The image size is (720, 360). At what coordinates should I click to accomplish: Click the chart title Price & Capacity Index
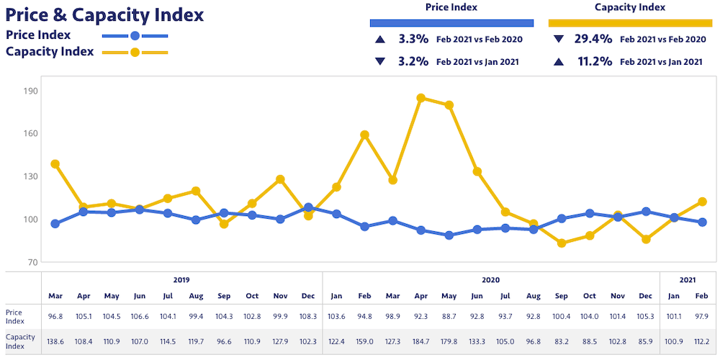click(104, 14)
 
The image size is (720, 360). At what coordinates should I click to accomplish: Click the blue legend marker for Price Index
click(135, 35)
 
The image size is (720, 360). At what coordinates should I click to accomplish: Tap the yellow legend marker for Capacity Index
click(135, 52)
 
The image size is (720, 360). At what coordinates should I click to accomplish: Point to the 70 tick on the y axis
click(32, 262)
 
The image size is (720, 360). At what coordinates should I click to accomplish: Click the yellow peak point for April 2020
click(421, 98)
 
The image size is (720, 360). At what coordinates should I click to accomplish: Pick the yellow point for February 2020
click(364, 135)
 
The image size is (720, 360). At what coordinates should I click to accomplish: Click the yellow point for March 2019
click(55, 164)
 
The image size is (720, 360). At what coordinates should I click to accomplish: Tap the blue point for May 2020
click(449, 235)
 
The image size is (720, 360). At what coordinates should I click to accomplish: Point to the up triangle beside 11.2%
click(558, 62)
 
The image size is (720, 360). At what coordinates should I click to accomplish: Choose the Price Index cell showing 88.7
click(449, 315)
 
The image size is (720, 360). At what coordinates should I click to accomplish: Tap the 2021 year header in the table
click(688, 279)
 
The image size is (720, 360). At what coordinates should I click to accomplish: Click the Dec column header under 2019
click(308, 296)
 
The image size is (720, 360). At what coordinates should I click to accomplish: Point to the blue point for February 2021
click(703, 222)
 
